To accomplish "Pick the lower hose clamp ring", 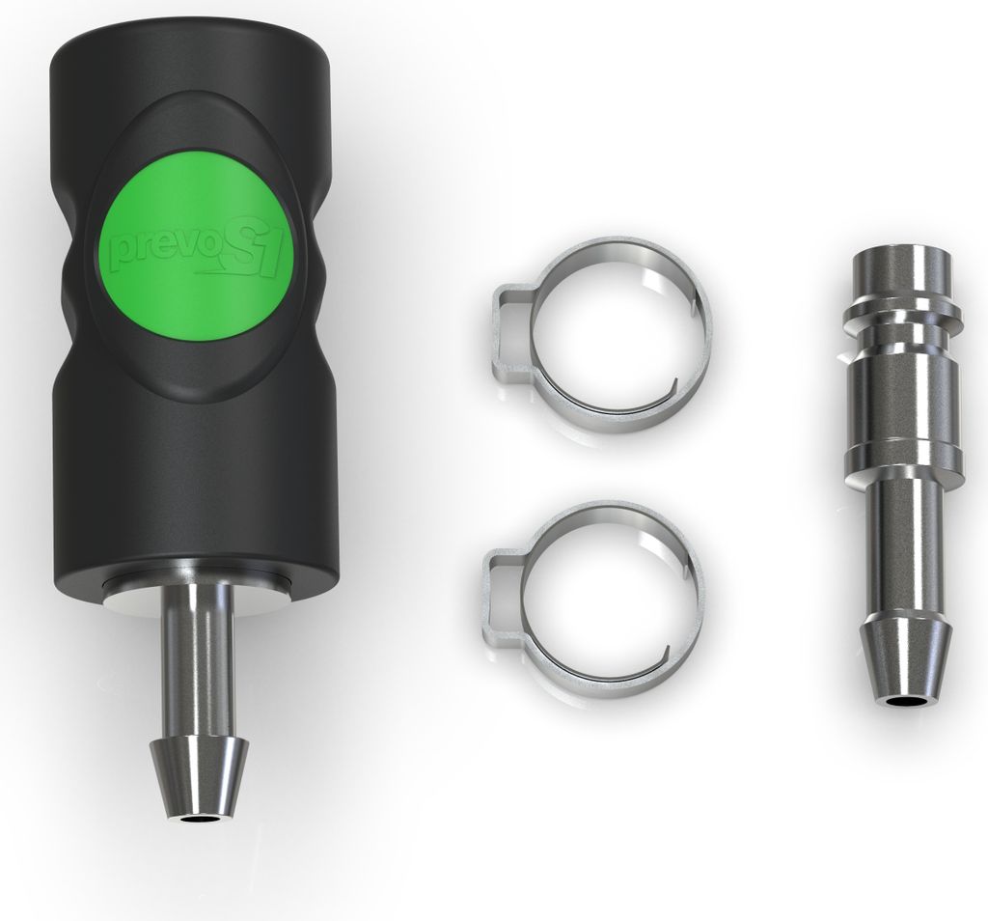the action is pyautogui.click(x=593, y=599).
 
